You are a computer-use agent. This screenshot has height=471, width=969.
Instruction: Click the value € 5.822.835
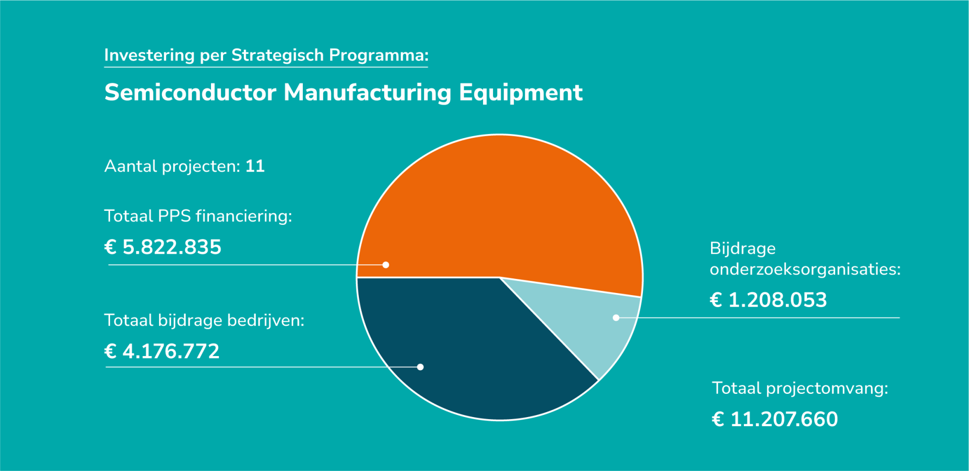(163, 247)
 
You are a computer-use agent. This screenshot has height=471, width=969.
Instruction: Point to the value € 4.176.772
(161, 351)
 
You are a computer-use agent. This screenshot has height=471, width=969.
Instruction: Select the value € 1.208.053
(768, 300)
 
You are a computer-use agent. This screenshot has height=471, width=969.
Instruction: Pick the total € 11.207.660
(775, 419)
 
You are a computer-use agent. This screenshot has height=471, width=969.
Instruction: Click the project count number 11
(255, 166)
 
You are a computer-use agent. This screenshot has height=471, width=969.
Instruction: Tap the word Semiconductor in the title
(190, 92)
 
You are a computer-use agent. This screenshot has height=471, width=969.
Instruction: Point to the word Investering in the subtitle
(149, 55)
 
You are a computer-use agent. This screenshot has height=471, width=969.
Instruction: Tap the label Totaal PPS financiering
(198, 216)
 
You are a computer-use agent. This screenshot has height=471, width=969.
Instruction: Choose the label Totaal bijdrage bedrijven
(204, 320)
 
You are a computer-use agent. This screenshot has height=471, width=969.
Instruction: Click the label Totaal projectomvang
(800, 388)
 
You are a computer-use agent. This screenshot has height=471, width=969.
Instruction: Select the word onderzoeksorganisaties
(805, 269)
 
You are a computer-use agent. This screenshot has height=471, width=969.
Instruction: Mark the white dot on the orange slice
(386, 265)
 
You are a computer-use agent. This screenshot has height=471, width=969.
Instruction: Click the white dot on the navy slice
(420, 367)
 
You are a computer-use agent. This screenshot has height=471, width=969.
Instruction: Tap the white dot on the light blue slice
(616, 318)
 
